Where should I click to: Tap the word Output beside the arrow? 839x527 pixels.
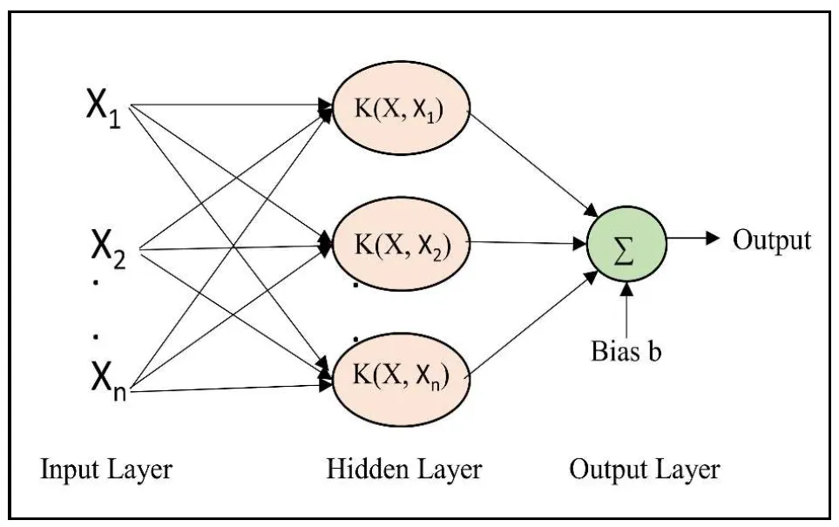(771, 240)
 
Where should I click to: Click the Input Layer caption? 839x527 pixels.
(105, 471)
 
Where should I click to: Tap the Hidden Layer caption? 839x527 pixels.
(403, 471)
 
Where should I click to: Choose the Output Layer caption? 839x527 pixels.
(644, 471)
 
